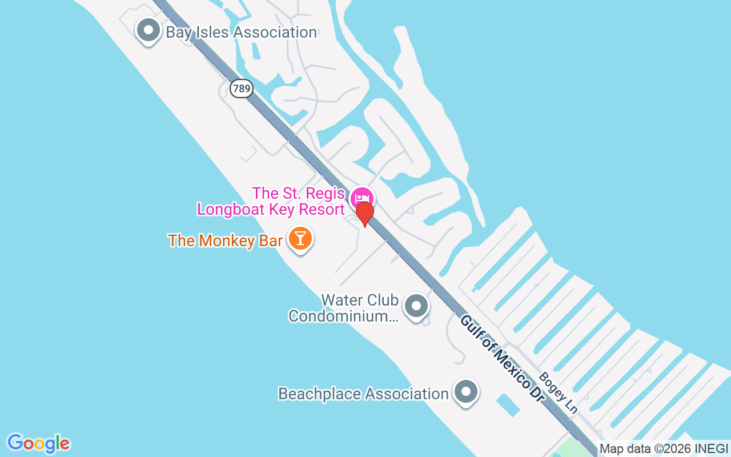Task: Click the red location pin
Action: click(x=364, y=214)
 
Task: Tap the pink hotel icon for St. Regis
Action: click(x=362, y=198)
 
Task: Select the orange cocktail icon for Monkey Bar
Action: click(x=300, y=238)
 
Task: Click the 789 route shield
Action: click(x=242, y=89)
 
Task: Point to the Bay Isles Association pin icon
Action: click(x=149, y=29)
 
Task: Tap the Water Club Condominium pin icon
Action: click(x=416, y=306)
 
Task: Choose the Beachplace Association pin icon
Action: click(x=466, y=392)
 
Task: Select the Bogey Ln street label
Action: click(x=559, y=392)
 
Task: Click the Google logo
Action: click(x=38, y=443)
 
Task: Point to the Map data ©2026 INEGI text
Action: click(x=664, y=449)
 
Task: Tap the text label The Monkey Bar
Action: click(x=225, y=240)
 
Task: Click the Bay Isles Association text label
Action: click(x=241, y=33)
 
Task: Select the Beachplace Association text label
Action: click(x=363, y=394)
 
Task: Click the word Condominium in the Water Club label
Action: click(x=343, y=316)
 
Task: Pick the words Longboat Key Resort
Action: click(x=271, y=210)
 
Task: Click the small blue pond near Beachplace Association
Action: click(x=508, y=404)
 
